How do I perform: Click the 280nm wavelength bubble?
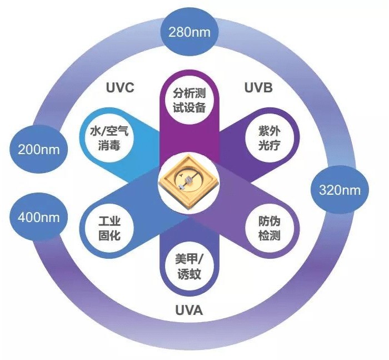tap(189, 32)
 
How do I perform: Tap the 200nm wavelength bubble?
tap(39, 149)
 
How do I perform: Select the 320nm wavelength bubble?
tap(340, 190)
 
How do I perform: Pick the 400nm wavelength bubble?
tap(39, 217)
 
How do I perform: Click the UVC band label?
tap(120, 87)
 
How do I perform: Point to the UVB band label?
tap(258, 87)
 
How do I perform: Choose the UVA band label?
tap(189, 310)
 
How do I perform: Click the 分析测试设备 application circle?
tap(189, 100)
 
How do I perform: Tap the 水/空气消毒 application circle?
tap(109, 138)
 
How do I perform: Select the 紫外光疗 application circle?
tap(270, 138)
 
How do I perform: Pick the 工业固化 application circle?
tap(109, 228)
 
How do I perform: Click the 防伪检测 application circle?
tap(270, 228)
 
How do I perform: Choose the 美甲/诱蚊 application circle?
tap(189, 267)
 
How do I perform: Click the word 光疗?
tap(270, 145)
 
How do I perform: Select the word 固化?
tap(109, 235)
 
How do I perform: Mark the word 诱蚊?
tap(189, 274)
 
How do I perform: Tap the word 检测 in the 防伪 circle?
tap(270, 235)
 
